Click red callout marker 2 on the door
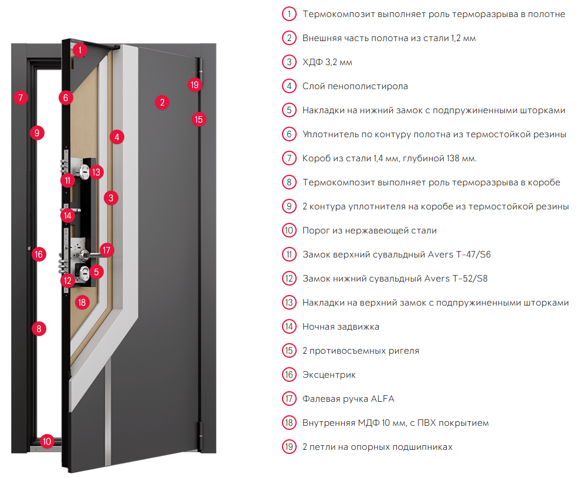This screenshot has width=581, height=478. click(x=162, y=102)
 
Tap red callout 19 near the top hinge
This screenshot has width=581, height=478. click(x=195, y=85)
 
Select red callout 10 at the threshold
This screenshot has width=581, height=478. click(x=47, y=441)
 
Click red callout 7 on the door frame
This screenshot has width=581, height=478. click(x=21, y=97)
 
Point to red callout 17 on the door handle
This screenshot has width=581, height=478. click(x=107, y=250)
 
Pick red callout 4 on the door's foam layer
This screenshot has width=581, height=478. click(x=117, y=137)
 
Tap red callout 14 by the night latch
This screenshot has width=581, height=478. click(x=67, y=216)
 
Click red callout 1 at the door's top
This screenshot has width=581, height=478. click(x=80, y=50)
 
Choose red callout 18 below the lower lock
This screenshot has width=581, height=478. click(x=82, y=303)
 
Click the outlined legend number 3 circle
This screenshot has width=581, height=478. click(x=289, y=62)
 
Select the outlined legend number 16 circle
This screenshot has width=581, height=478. click(x=289, y=375)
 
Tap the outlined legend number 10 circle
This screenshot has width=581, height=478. click(x=289, y=230)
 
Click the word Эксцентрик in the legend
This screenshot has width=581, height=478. click(x=329, y=375)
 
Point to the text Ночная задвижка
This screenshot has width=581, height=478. click(x=341, y=327)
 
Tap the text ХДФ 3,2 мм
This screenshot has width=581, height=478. click(x=327, y=62)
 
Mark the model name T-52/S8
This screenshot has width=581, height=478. click(x=470, y=279)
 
